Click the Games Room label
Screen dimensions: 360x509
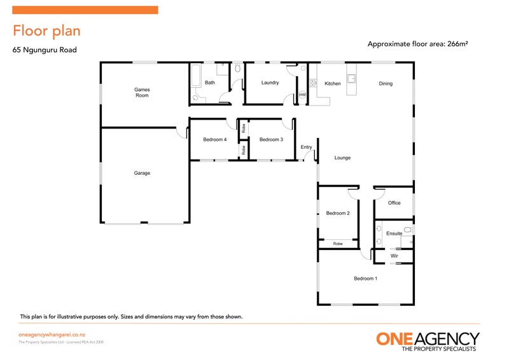141,92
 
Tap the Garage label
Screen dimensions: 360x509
142,173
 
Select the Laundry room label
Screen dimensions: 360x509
270,83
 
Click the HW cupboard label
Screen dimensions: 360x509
302,95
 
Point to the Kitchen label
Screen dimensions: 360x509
333,83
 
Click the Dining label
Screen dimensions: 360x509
386,83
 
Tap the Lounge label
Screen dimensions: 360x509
342,158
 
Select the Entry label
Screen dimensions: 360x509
307,148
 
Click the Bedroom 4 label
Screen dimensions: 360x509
214,139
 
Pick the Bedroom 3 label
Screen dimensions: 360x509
271,139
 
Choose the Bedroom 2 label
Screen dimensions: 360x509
338,213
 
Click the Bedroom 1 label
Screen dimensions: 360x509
366,279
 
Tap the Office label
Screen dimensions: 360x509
394,203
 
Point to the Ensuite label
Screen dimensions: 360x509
394,233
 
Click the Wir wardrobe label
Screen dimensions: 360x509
394,256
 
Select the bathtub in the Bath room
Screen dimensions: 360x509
195,76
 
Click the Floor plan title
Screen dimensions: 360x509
46,31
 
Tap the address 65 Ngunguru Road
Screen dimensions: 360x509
45,49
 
